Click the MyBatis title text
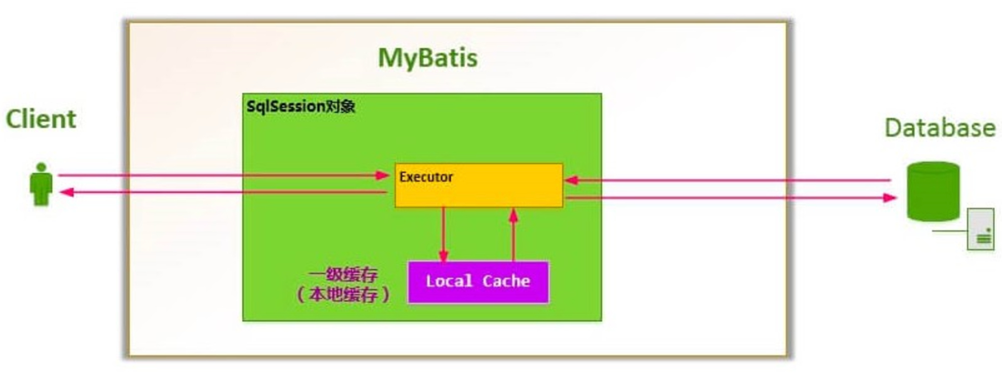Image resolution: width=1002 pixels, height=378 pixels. coord(427,58)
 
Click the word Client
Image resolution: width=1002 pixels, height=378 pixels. coord(41,119)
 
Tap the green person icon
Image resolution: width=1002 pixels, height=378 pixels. coord(41,186)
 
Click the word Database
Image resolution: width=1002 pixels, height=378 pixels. coord(939,128)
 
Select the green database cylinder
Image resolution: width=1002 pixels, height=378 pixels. coord(933,191)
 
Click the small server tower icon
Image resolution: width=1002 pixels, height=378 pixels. coord(980,229)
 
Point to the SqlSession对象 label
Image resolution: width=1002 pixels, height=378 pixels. coord(300,106)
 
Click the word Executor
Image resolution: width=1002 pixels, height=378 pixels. coord(426,177)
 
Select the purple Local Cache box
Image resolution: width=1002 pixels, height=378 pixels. coord(478,282)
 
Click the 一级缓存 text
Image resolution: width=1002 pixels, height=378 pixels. coord(343,274)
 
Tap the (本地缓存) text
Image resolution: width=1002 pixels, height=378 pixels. coord(343,294)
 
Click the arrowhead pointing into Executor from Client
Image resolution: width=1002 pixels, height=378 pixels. coord(383,175)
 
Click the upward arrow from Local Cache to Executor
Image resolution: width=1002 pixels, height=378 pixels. coord(513,233)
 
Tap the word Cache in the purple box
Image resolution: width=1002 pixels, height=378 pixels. coord(506,281)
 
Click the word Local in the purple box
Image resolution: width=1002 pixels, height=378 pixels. coord(449,281)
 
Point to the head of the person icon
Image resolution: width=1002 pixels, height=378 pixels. coord(41,167)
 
